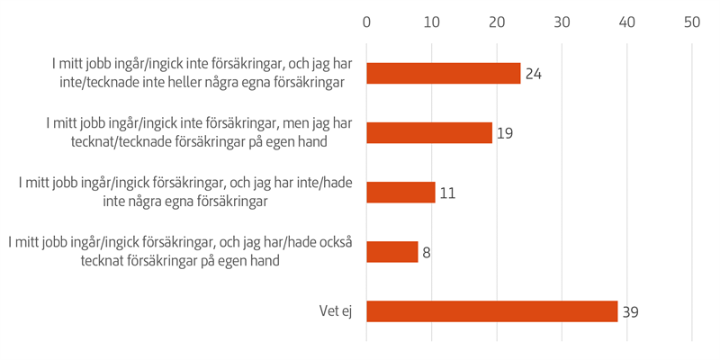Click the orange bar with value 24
444,73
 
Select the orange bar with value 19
429,132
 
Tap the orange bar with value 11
401,192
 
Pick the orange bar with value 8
392,251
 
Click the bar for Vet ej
492,310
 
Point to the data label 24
533,74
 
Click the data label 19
504,133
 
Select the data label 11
448,193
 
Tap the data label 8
427,252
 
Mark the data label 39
630,311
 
